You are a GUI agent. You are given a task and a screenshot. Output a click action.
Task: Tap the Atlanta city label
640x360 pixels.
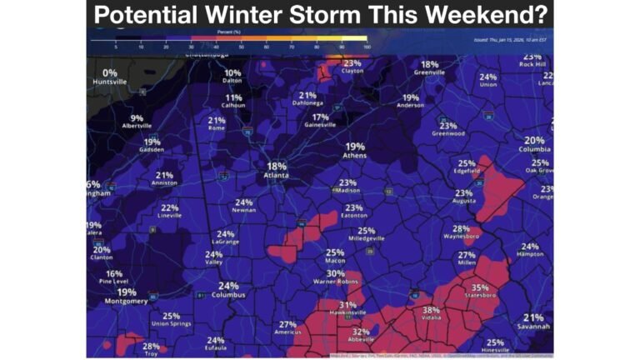point(276,176)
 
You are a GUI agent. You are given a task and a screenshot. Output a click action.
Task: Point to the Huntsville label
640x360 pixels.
point(110,83)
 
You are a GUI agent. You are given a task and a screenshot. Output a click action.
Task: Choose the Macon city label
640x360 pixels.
point(335,262)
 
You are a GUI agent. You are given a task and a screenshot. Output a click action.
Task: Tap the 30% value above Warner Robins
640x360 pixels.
point(335,273)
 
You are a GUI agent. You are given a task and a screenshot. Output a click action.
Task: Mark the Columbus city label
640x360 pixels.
point(227,295)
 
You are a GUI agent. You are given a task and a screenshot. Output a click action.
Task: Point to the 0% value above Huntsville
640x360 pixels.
point(110,73)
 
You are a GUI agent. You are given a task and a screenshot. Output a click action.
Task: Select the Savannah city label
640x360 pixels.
point(533,327)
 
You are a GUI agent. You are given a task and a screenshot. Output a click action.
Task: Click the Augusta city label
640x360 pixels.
point(463,202)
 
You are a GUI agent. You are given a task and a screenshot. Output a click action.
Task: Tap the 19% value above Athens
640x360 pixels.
point(355,146)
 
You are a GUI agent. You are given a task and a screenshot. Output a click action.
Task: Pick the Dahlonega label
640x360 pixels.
point(307,104)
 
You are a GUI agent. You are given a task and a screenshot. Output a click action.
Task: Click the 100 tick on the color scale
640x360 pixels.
point(367,47)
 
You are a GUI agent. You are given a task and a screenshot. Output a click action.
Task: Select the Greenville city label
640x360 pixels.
point(430,72)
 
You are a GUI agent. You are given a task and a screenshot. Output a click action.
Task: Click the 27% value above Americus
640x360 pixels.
point(287,324)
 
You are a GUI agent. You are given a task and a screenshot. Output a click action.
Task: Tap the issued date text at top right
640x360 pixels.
point(510,39)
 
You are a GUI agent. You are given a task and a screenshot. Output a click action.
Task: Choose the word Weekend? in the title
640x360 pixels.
point(482,15)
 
